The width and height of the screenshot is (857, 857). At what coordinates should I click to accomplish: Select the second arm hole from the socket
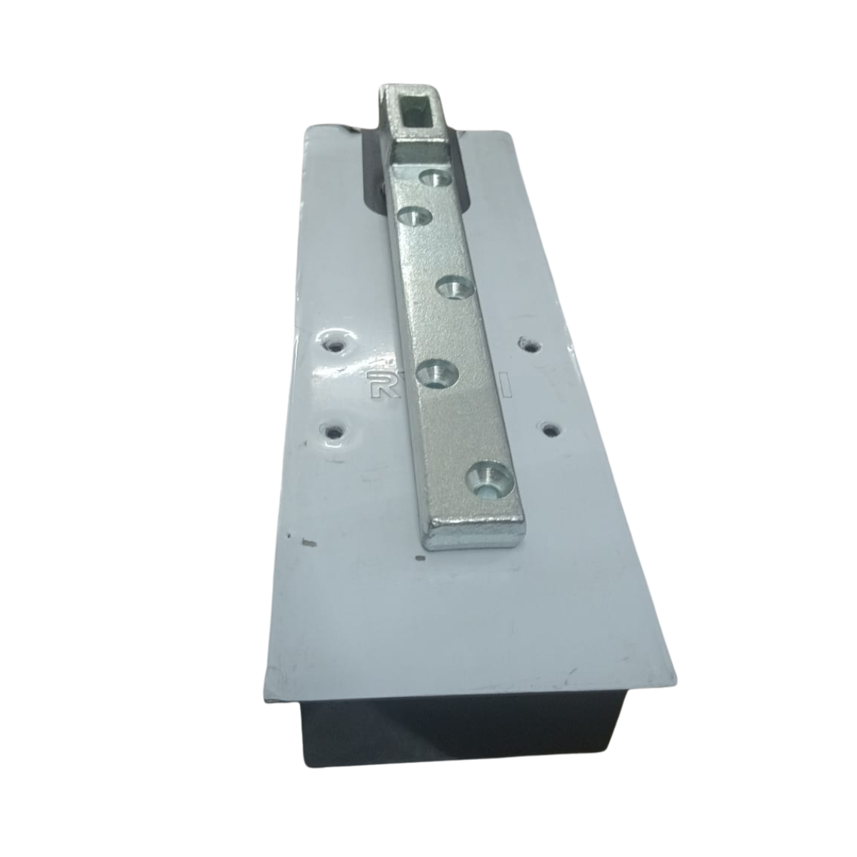click(411, 215)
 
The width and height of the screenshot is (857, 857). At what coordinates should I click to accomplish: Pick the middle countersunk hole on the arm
click(452, 289)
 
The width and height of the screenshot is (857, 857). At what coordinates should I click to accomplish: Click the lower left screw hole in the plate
click(333, 431)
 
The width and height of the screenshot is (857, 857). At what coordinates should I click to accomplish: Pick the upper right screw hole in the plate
click(529, 345)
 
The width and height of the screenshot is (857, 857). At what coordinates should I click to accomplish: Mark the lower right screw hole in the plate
click(550, 429)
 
